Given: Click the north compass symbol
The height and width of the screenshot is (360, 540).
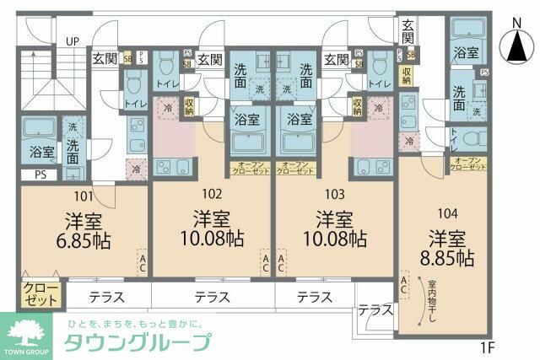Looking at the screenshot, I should [x=514, y=47].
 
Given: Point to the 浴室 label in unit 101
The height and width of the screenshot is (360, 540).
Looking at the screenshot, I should [x=41, y=153].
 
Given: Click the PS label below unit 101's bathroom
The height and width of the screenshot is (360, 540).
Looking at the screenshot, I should [x=41, y=175].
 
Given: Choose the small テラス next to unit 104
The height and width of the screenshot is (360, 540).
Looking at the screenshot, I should [x=375, y=311].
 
